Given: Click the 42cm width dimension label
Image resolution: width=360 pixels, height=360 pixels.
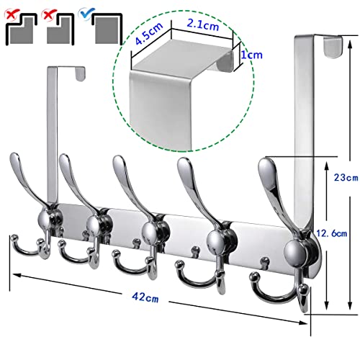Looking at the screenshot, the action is click(145, 297).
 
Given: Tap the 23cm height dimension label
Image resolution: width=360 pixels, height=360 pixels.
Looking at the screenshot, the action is click(346, 178).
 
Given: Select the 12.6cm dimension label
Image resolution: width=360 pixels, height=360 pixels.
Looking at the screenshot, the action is click(331, 233).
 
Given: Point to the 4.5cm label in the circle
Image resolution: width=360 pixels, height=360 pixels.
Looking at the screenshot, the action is click(149, 33).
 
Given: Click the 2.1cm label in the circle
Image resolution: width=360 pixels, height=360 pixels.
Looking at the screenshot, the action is click(203, 24).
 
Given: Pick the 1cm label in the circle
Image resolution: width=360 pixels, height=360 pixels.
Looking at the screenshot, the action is click(251, 55).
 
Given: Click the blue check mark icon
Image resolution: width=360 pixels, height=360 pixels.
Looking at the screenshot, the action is click(88, 12).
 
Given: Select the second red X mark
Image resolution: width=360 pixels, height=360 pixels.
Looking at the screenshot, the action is click(49, 14).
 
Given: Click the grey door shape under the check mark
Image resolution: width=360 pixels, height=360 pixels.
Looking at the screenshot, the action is click(107, 30).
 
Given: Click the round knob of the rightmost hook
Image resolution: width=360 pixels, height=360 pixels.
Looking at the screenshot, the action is click(295, 253).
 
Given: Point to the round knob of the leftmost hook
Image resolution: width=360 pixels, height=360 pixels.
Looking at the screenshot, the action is click(45, 220).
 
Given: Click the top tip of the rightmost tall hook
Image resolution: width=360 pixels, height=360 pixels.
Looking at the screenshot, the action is click(264, 163).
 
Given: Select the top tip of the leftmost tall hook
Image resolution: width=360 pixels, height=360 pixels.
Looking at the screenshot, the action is click(14, 156).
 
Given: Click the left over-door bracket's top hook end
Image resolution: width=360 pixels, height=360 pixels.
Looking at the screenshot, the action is click(81, 74).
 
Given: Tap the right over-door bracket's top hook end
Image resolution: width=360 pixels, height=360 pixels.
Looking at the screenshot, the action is click(333, 47).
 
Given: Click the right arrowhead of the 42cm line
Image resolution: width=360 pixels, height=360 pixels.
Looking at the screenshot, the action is click(304, 323).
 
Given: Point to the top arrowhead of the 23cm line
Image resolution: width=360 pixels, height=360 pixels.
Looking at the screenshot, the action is click(350, 45).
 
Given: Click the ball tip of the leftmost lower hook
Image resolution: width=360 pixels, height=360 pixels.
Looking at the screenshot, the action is click(14, 238).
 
